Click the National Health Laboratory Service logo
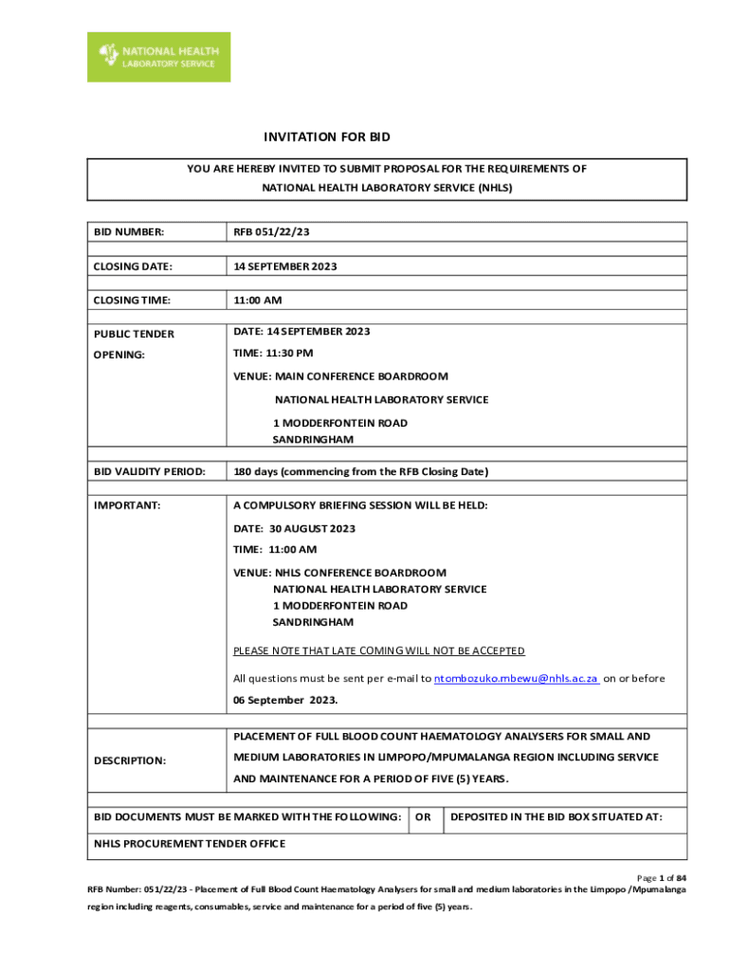pos(158,57)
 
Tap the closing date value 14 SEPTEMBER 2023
pos(285,266)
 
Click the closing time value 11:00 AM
pos(258,301)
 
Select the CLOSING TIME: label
pos(132,301)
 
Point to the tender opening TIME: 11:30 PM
pos(273,353)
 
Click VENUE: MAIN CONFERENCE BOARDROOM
pos(340,376)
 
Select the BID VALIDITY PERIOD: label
pos(149,471)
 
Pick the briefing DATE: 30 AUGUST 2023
pos(294,528)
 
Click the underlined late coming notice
pos(379,650)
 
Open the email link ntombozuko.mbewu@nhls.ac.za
pos(516,679)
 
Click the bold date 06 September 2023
pos(284,701)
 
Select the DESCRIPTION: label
pos(130,760)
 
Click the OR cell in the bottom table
pos(424,816)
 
